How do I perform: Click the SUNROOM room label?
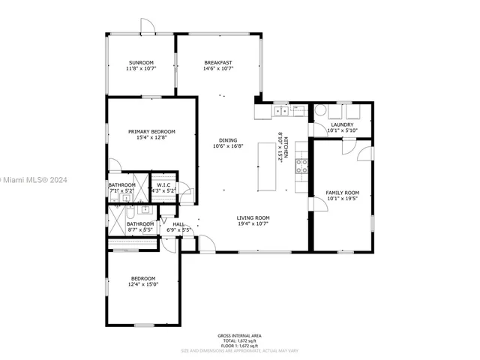(x=140, y=62)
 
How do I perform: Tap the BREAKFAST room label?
(x=217, y=62)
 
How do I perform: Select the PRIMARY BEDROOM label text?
(x=151, y=131)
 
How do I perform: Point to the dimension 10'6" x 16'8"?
(x=228, y=146)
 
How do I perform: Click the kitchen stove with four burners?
(x=302, y=166)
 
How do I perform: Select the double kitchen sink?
(x=282, y=112)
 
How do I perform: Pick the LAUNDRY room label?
(x=342, y=124)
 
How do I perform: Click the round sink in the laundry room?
(x=320, y=112)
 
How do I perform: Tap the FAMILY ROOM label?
(x=342, y=193)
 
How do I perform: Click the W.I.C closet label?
(x=163, y=185)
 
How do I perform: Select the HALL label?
(x=178, y=223)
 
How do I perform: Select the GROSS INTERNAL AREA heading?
(x=240, y=335)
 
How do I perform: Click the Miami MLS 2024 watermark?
(x=34, y=180)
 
